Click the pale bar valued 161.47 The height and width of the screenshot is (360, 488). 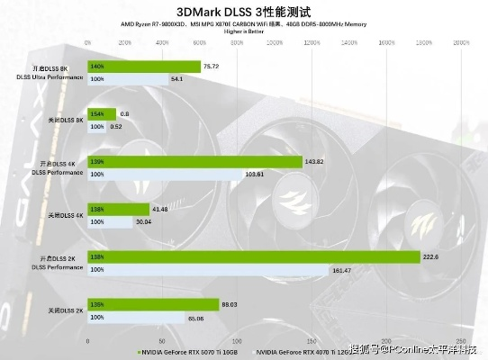tap(208, 269)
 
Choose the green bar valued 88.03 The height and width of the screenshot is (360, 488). tap(153, 305)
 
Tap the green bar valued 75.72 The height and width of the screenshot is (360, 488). tap(144, 66)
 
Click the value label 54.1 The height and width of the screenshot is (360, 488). tap(176, 79)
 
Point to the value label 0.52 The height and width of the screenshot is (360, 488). tap(116, 127)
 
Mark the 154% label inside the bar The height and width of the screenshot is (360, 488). tap(97, 113)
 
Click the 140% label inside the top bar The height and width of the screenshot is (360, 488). tap(97, 66)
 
